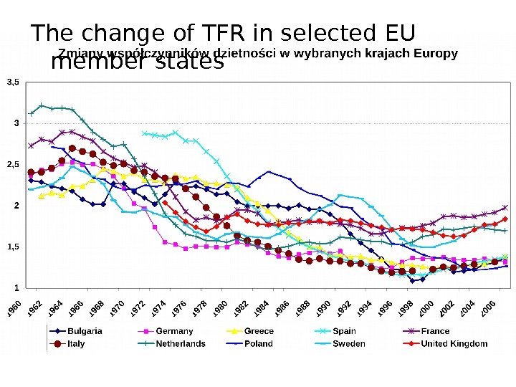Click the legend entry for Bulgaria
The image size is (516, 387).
(85, 331)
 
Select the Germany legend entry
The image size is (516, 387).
(174, 331)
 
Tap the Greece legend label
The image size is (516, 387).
(259, 331)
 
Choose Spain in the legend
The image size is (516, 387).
(344, 331)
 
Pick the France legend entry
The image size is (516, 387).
(435, 331)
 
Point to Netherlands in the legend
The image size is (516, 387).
(181, 344)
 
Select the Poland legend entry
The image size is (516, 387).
(259, 344)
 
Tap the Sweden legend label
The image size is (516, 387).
(349, 344)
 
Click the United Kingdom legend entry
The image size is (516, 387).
(454, 344)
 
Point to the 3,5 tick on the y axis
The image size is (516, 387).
(13, 83)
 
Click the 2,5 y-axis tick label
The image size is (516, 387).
(13, 165)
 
